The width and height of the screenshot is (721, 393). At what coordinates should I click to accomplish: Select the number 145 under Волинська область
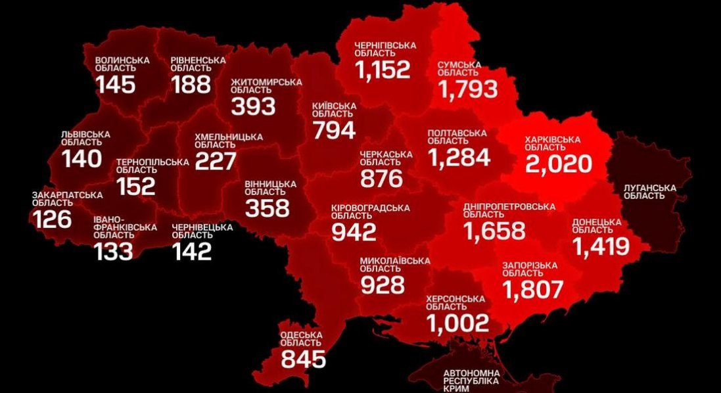point(116,84)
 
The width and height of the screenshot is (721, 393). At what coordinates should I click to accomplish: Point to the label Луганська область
point(649,192)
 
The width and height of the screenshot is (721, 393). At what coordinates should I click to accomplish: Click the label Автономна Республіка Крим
point(471,381)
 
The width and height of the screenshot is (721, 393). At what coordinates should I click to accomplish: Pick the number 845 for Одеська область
point(303,359)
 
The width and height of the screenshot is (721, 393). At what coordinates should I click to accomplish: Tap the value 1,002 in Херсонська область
point(457,323)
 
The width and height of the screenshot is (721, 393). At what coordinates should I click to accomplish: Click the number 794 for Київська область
point(334,130)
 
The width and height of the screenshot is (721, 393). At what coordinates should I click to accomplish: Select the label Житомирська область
point(266,86)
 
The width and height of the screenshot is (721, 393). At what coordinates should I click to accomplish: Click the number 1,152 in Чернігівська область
point(383,69)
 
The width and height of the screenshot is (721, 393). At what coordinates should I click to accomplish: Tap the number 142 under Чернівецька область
point(192,250)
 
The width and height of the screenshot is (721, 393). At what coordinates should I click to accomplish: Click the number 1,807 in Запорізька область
point(533,289)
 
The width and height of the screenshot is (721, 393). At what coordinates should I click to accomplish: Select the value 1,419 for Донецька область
point(601,246)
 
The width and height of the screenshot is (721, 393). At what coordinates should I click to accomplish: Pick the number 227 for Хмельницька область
point(215,160)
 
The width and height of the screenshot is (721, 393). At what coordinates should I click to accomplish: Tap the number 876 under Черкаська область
point(381,177)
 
